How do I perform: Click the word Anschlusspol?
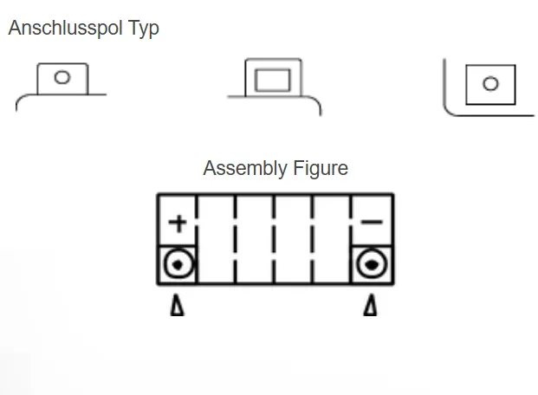pyautogui.click(x=62, y=29)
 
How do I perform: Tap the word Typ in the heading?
pyautogui.click(x=142, y=29)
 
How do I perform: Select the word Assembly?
pyautogui.click(x=243, y=168)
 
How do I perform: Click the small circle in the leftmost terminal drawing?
pyautogui.click(x=62, y=77)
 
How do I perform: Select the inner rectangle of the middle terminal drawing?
pyautogui.click(x=273, y=81)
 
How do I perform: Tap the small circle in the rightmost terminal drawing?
pyautogui.click(x=490, y=84)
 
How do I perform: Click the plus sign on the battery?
pyautogui.click(x=178, y=223)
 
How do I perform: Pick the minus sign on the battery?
pyautogui.click(x=372, y=223)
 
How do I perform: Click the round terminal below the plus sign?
pyautogui.click(x=178, y=263)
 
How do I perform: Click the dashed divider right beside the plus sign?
pyautogui.click(x=198, y=239)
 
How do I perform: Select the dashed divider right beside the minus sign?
pyautogui.click(x=351, y=239)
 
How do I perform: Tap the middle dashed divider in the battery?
pyautogui.click(x=275, y=239)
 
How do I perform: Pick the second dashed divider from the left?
pyautogui.click(x=237, y=239)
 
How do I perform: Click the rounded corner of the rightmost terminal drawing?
pyautogui.click(x=449, y=109)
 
